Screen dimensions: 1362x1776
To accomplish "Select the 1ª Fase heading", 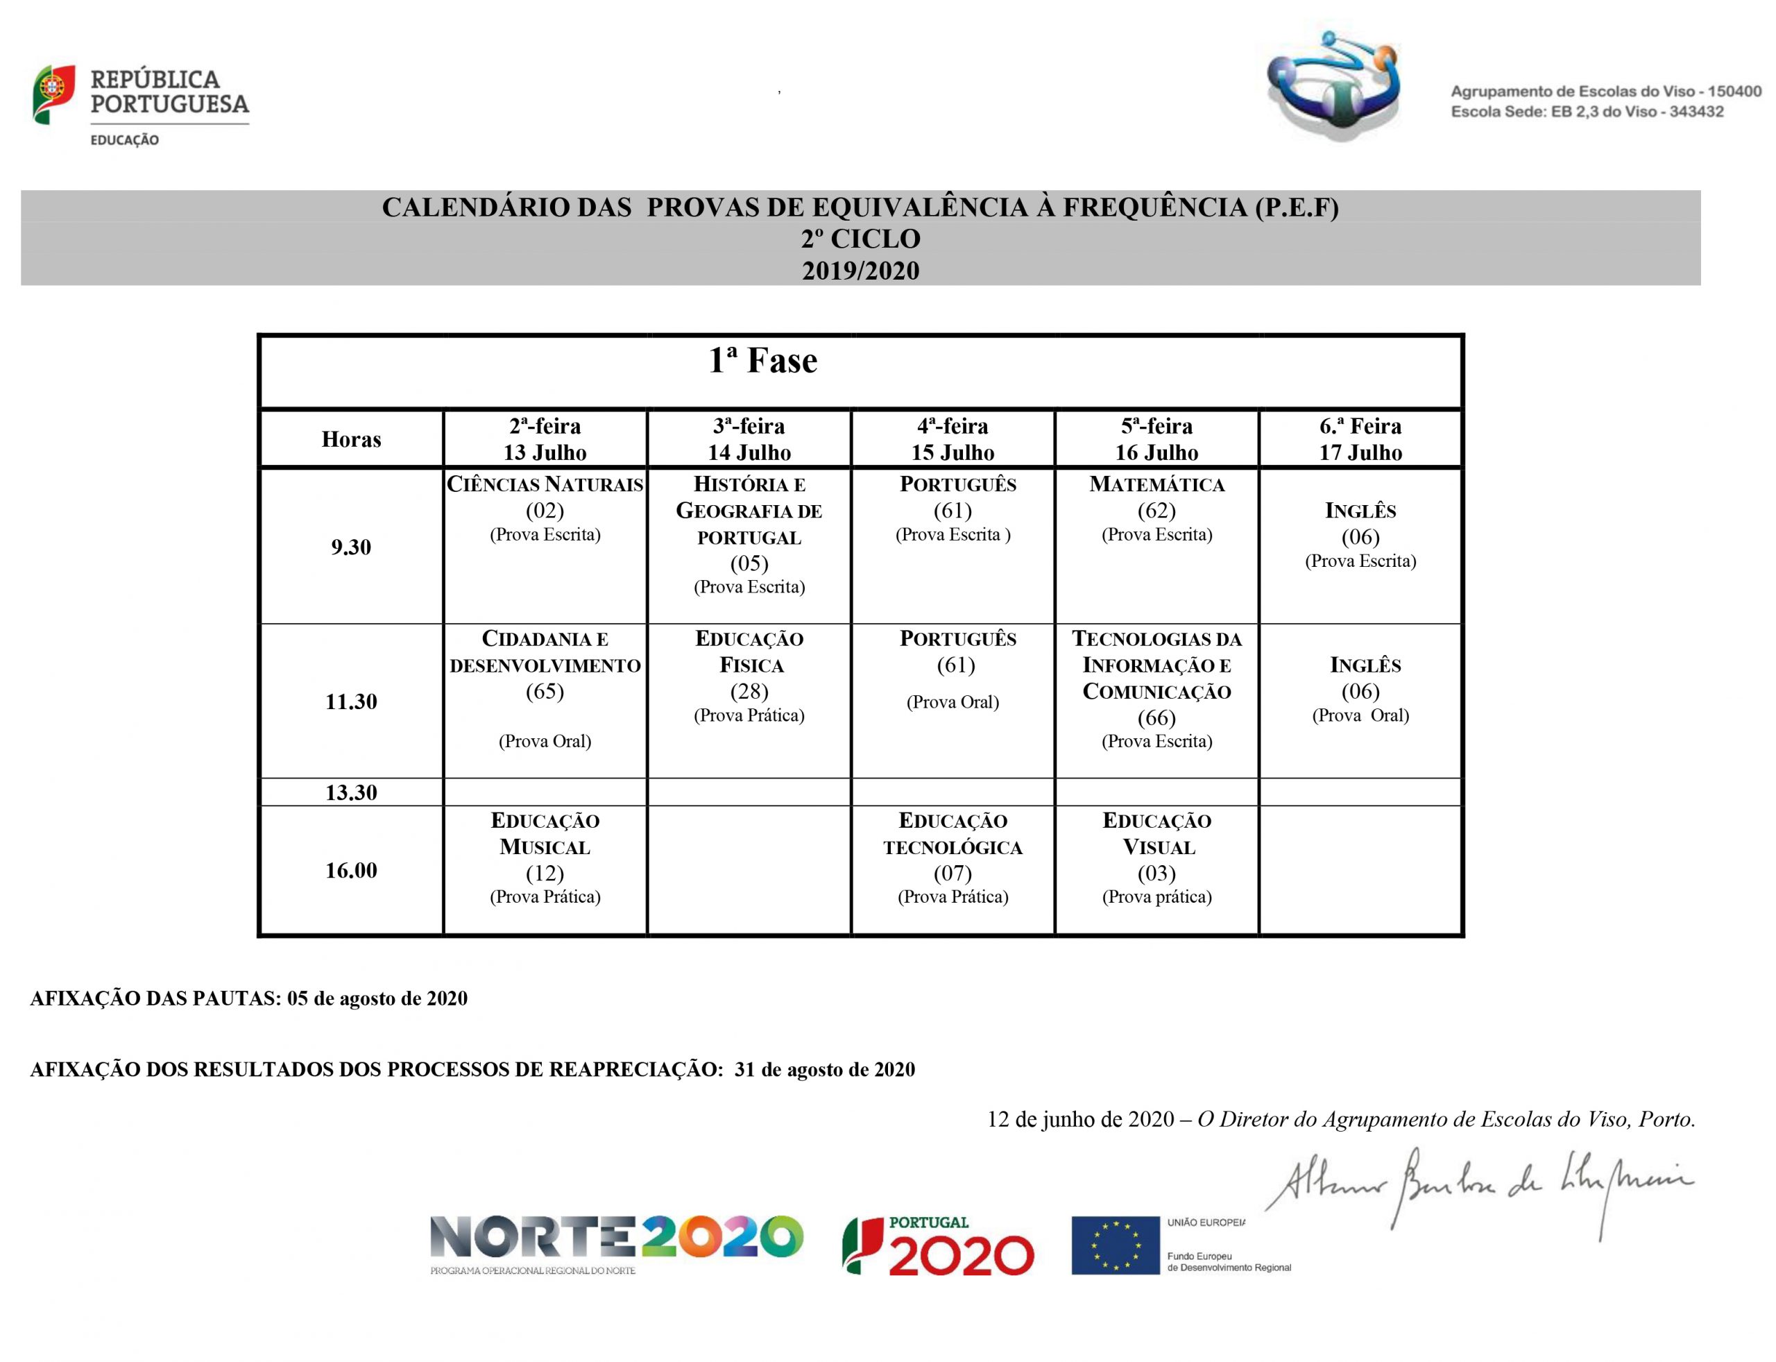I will click(762, 361).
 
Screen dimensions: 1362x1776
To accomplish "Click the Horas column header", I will click(351, 439).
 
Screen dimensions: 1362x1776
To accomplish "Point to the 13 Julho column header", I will click(545, 439).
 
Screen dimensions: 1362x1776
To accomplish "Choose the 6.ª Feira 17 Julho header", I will click(1360, 439).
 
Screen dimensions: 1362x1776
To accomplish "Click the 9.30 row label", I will click(351, 547).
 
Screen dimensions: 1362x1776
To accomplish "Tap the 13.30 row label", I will click(351, 792).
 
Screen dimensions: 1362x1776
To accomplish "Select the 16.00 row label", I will click(351, 870).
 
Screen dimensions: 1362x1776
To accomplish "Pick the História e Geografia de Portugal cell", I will click(749, 535).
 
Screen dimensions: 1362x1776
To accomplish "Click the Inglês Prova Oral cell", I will click(1360, 689).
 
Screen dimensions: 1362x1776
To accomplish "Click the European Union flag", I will click(1115, 1245).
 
